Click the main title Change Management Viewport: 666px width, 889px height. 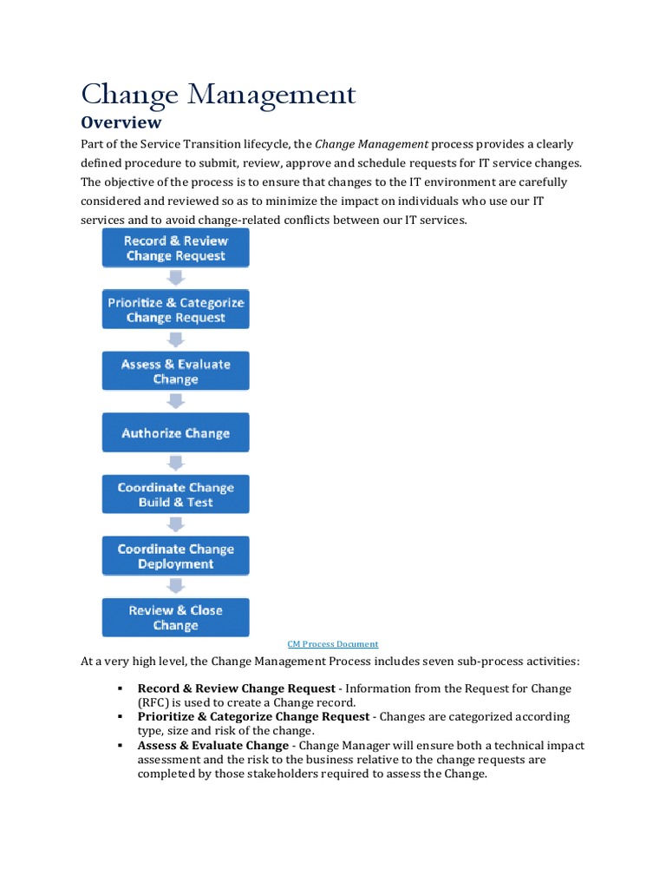pyautogui.click(x=218, y=94)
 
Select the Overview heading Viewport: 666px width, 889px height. pyautogui.click(x=121, y=122)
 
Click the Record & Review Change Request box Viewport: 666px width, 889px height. pyautogui.click(x=176, y=248)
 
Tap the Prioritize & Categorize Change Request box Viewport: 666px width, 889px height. pyautogui.click(x=176, y=310)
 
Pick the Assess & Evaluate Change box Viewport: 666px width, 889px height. pyautogui.click(x=176, y=372)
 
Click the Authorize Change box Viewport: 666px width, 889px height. pyautogui.click(x=176, y=433)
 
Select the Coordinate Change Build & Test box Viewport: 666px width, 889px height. pyautogui.click(x=176, y=495)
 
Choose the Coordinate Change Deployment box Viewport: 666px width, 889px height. pyautogui.click(x=176, y=556)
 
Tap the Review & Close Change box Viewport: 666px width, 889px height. pyautogui.click(x=176, y=618)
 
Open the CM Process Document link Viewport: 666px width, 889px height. pyautogui.click(x=333, y=644)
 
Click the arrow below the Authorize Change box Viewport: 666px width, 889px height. pyautogui.click(x=176, y=463)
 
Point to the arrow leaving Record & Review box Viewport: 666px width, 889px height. pyautogui.click(x=176, y=278)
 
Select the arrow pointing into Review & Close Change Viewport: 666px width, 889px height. pyautogui.click(x=176, y=586)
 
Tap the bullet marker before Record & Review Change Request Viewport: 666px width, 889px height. pyautogui.click(x=119, y=688)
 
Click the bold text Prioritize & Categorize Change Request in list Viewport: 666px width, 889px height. pyautogui.click(x=253, y=717)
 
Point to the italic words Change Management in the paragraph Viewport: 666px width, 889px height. pyautogui.click(x=371, y=144)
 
